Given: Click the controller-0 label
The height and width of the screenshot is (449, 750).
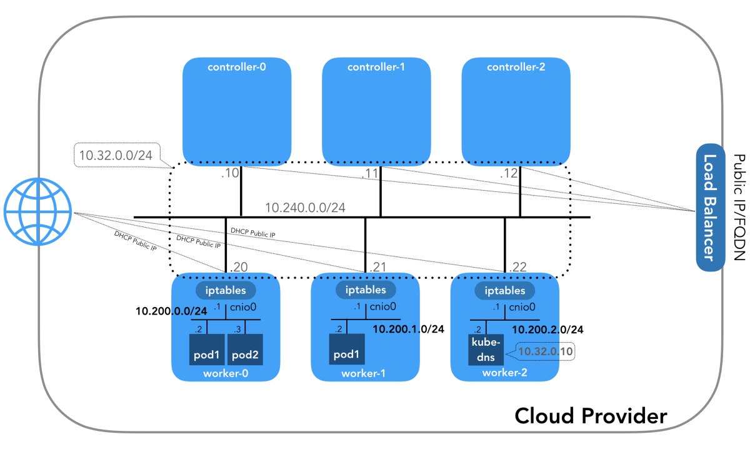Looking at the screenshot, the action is click(237, 67).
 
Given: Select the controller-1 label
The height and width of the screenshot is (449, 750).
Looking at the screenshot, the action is click(376, 67).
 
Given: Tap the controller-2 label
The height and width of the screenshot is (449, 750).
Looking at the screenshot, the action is click(516, 67).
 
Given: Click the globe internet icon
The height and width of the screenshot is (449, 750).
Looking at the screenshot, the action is click(38, 211).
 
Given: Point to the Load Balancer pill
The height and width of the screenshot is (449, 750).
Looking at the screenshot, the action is click(711, 207).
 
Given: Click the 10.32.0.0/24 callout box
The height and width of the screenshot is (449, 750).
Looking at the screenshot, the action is click(116, 155).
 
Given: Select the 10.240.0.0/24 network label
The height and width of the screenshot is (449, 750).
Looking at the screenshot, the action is click(305, 208).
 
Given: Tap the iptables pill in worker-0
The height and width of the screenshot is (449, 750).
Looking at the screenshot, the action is click(226, 290).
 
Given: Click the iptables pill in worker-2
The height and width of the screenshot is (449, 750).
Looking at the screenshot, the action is click(504, 290).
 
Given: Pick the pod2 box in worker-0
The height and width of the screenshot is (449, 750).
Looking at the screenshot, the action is click(245, 350).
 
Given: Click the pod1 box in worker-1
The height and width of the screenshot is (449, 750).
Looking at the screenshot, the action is click(347, 349).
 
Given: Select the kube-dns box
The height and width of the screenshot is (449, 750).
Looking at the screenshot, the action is click(486, 350).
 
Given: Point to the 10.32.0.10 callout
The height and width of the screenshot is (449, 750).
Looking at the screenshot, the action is click(545, 351).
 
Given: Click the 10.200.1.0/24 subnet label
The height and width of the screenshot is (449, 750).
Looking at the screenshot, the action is click(409, 329).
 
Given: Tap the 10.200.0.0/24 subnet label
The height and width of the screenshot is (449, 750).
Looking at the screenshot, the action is click(171, 311).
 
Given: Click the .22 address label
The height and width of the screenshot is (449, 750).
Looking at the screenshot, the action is click(517, 267).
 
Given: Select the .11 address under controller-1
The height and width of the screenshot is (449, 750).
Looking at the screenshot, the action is click(370, 173).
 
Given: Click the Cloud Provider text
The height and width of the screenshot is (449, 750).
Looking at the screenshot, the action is click(591, 416).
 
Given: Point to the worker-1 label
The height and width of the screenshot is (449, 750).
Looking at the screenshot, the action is click(363, 373).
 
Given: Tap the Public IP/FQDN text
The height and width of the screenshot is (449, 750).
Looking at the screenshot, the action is click(739, 207).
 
